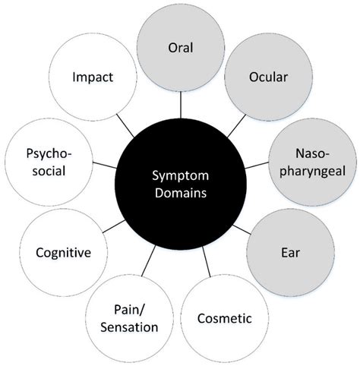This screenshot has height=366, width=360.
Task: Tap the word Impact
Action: [93, 77]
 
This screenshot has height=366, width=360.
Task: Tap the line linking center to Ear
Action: [244, 228]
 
